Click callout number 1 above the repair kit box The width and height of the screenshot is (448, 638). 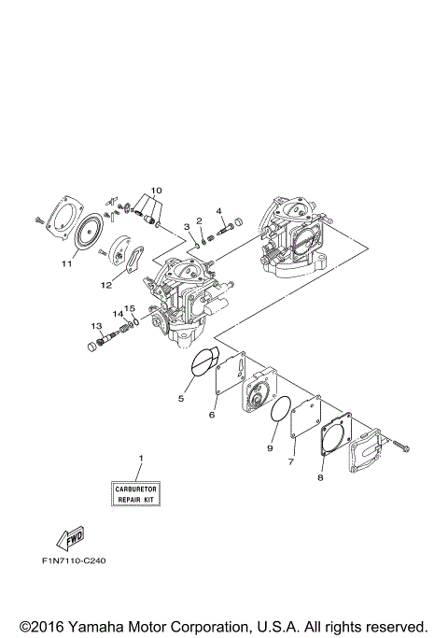(141, 458)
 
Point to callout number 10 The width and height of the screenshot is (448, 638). (156, 191)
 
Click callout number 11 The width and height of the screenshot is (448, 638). (67, 264)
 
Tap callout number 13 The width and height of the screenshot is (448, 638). (95, 325)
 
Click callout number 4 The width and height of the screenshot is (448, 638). (219, 211)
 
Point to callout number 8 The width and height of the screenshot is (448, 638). (320, 476)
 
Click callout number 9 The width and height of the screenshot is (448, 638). (272, 448)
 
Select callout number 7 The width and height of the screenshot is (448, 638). (291, 461)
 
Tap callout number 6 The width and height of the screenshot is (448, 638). (212, 414)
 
